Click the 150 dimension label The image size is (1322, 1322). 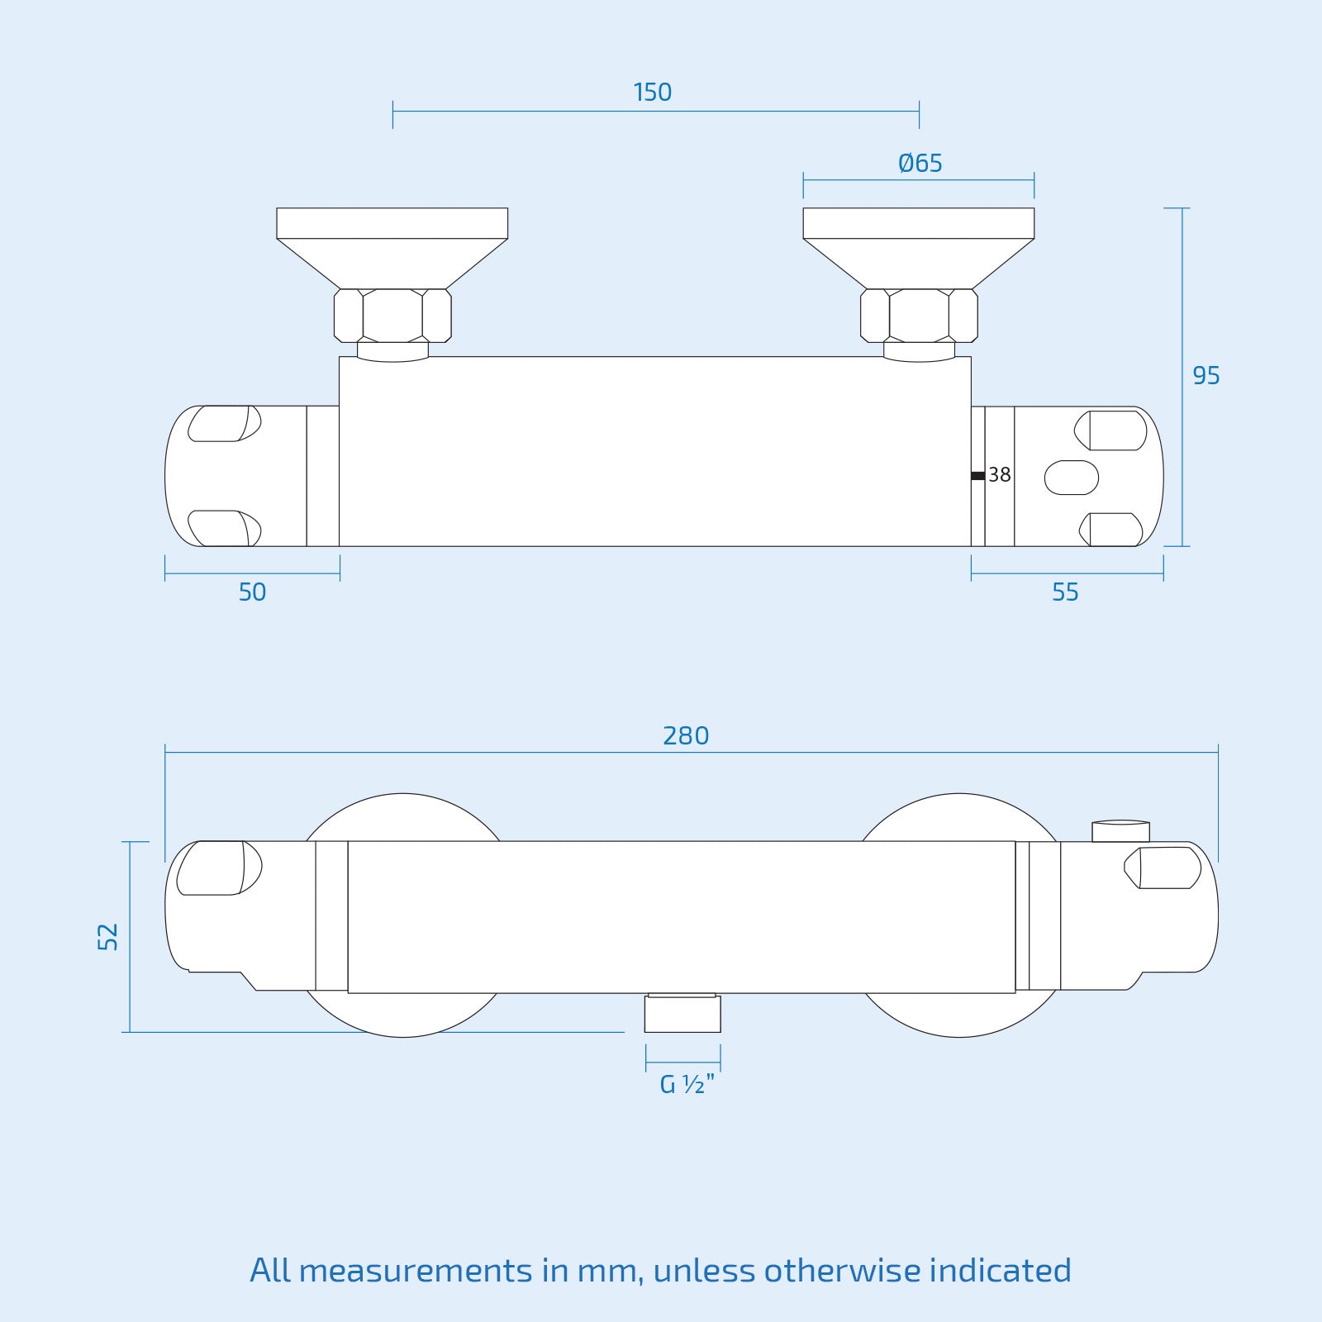click(x=652, y=92)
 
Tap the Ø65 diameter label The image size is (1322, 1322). click(x=920, y=163)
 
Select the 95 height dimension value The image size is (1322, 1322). click(x=1205, y=376)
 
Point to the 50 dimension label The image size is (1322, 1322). click(x=252, y=592)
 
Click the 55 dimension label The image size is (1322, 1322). click(x=1065, y=592)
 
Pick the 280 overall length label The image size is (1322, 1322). click(x=686, y=735)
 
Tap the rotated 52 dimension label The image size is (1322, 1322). click(x=108, y=936)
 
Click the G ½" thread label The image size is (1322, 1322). click(x=687, y=1084)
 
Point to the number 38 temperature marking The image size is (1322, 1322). click(x=1000, y=475)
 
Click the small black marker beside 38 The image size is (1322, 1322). click(x=978, y=475)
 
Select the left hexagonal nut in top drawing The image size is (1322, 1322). click(x=392, y=315)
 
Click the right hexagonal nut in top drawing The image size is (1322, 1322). click(x=919, y=315)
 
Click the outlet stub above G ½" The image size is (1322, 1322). click(x=682, y=1013)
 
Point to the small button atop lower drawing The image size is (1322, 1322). click(x=1120, y=830)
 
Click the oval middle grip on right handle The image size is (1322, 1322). click(x=1072, y=478)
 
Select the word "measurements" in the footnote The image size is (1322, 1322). click(x=416, y=1271)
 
